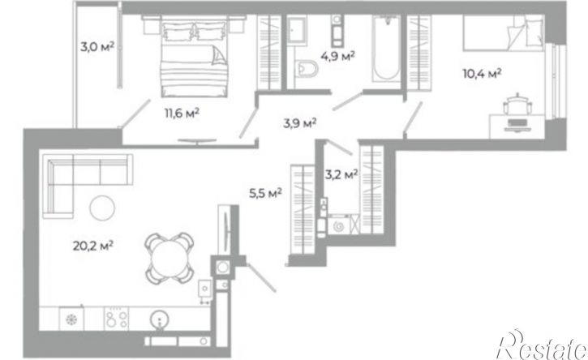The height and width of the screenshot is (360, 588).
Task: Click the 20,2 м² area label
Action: pyautogui.click(x=93, y=246)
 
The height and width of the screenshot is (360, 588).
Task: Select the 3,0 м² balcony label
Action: pyautogui.click(x=97, y=46)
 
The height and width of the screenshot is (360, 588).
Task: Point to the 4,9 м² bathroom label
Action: pyautogui.click(x=337, y=56)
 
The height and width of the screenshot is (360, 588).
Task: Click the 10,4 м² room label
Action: pyautogui.click(x=483, y=73)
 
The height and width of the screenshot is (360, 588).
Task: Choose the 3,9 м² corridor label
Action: pyautogui.click(x=300, y=122)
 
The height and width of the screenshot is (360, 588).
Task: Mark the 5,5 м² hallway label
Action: pyautogui.click(x=265, y=193)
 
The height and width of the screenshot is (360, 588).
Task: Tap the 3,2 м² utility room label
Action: pyautogui.click(x=341, y=174)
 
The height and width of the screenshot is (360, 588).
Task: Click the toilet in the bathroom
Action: pyautogui.click(x=306, y=70)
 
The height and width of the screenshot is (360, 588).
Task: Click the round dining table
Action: pyautogui.click(x=170, y=258)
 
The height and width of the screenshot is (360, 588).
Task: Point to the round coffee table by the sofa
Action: pyautogui.click(x=102, y=208)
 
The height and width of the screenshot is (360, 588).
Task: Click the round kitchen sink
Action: pyautogui.click(x=160, y=320)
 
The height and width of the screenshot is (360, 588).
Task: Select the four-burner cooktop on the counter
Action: pyautogui.click(x=116, y=319)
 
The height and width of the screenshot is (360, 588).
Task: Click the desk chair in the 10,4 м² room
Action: pyautogui.click(x=517, y=104)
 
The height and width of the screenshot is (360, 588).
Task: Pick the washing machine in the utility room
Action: pyautogui.click(x=340, y=225)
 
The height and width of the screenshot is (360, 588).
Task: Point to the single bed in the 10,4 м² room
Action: pyautogui.click(x=503, y=33)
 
